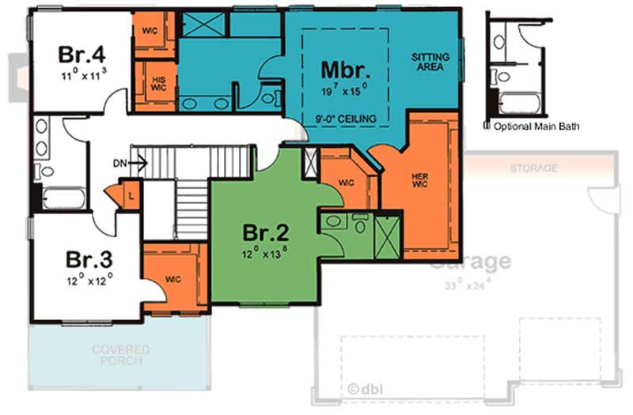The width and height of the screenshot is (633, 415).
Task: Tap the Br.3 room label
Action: (x=89, y=259)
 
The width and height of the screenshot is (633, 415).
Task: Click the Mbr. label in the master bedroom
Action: (x=346, y=68)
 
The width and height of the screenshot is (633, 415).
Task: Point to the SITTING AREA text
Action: (x=431, y=62)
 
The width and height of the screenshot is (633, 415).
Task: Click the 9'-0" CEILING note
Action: (x=346, y=119)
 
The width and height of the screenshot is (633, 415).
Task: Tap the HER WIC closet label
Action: (x=419, y=179)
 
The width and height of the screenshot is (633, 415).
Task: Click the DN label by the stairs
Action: (x=119, y=164)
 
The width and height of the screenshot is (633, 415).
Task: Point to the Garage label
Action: (x=470, y=261)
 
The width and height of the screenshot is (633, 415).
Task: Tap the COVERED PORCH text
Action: (x=120, y=354)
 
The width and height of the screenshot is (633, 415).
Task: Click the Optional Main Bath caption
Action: (x=531, y=126)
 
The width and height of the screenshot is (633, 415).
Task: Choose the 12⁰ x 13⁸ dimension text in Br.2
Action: (x=265, y=255)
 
